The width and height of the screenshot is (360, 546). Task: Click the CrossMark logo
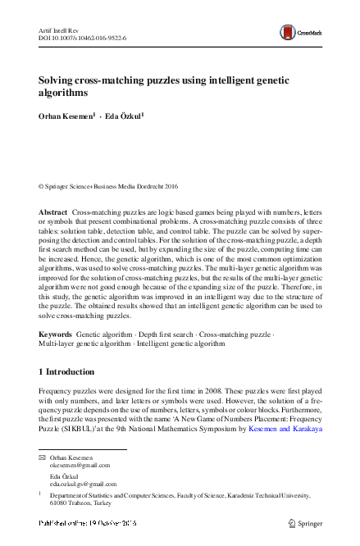click(x=299, y=32)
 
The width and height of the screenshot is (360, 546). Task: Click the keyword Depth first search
click(x=165, y=335)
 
